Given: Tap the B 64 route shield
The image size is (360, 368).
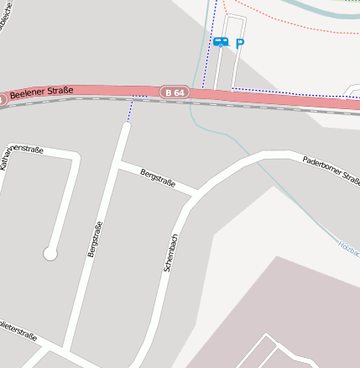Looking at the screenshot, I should (174, 92).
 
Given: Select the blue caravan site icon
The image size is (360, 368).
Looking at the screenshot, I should (221, 41).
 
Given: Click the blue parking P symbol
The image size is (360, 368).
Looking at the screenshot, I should (240, 43).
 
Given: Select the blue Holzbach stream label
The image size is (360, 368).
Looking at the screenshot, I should (348, 245).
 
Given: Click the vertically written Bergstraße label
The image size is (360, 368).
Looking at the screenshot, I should (95, 239).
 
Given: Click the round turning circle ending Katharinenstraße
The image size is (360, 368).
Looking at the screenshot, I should (50, 253).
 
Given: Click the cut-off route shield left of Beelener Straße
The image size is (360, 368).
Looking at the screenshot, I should (2, 99).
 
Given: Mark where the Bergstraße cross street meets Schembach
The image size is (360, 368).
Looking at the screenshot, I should (195, 195).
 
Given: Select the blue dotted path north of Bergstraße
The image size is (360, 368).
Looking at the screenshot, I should (130, 109).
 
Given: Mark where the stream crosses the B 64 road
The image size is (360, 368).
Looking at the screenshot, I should (194, 95).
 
